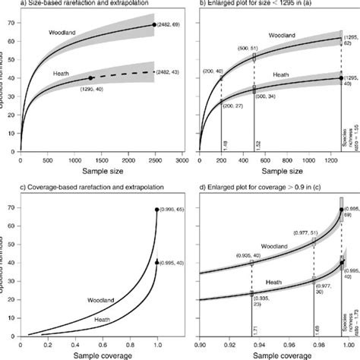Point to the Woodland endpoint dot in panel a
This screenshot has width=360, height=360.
coord(154,25)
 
